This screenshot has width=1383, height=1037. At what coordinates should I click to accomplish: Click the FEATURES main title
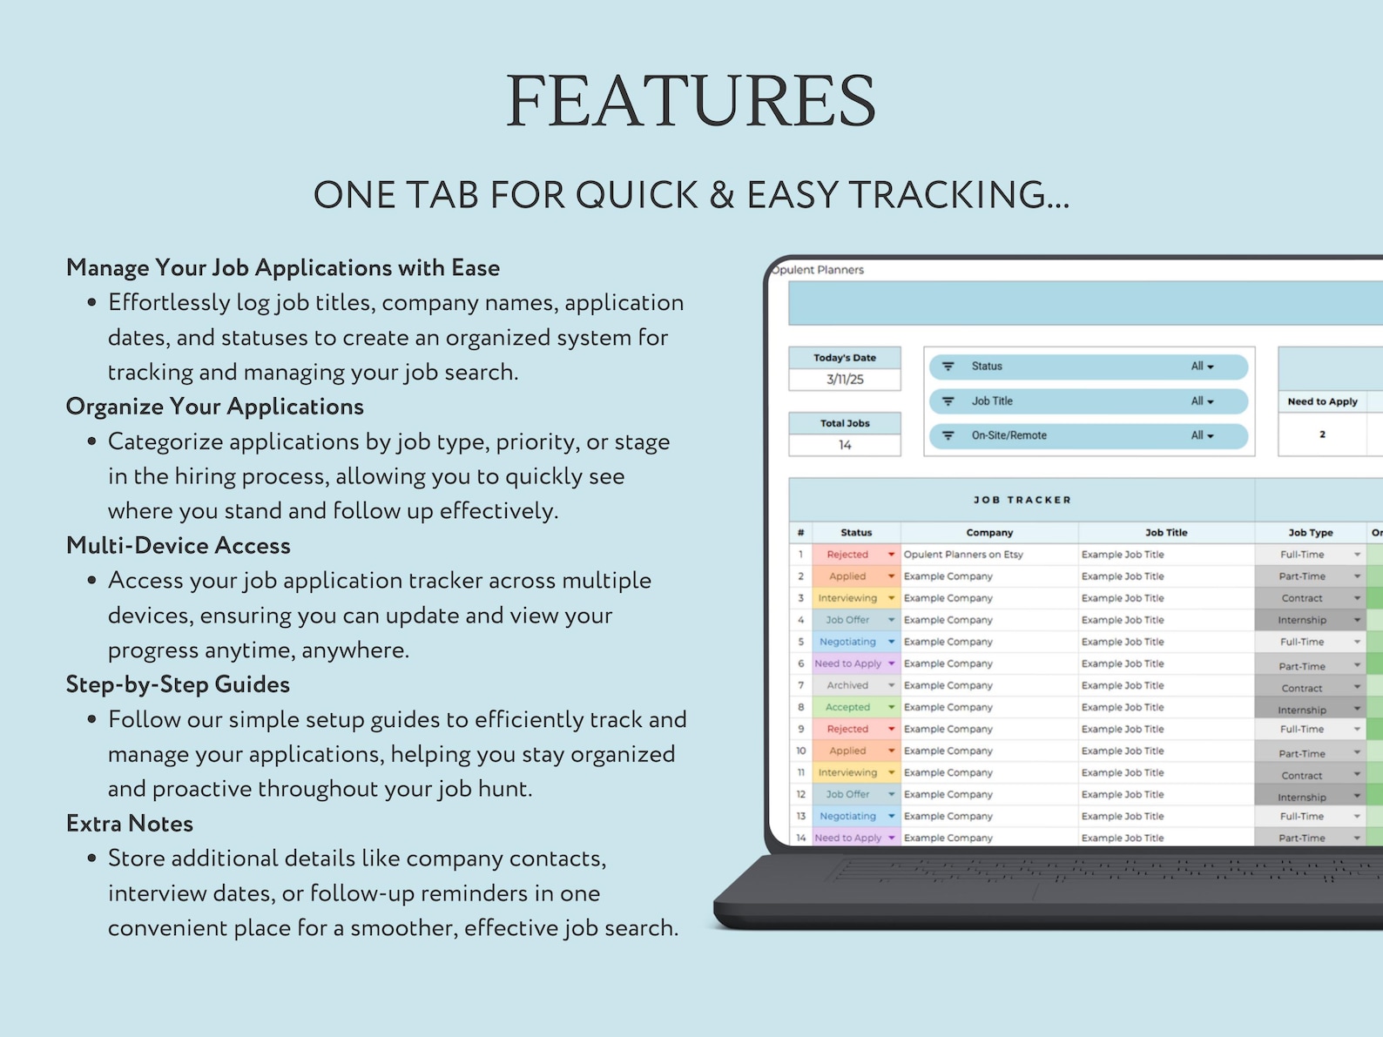[x=691, y=101]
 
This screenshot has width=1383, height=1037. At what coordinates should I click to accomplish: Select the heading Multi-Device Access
[x=179, y=546]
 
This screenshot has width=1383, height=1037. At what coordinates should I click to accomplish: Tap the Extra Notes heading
[x=130, y=824]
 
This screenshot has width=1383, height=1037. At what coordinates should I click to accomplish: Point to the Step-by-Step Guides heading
[x=178, y=684]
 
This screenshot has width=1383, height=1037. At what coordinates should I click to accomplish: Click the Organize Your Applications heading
[x=215, y=407]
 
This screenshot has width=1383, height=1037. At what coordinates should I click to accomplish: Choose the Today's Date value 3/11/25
[x=845, y=380]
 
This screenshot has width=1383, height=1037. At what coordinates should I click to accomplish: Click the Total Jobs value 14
[x=845, y=445]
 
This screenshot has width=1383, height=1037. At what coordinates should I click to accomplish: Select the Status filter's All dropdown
[x=1202, y=367]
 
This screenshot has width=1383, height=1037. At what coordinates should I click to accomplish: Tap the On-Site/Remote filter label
[x=1009, y=435]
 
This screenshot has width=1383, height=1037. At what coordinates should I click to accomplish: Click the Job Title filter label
[x=992, y=401]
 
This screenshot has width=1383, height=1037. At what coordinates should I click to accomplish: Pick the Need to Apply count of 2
[x=1322, y=434]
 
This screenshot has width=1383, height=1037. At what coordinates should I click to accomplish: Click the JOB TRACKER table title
[x=1022, y=500]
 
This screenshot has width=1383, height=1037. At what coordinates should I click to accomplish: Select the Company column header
[x=989, y=533]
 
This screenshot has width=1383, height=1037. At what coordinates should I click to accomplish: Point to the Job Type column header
[x=1310, y=533]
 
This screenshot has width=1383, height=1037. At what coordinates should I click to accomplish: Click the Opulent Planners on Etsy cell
[x=963, y=555]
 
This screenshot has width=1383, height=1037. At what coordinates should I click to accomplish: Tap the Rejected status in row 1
[x=847, y=555]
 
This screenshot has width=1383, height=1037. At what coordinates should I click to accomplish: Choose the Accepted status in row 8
[x=847, y=707]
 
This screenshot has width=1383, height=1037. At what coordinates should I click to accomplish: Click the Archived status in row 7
[x=847, y=685]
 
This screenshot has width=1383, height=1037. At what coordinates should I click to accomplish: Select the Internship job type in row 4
[x=1302, y=620]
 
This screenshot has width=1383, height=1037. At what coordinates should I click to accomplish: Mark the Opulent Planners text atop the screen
[x=819, y=270]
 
